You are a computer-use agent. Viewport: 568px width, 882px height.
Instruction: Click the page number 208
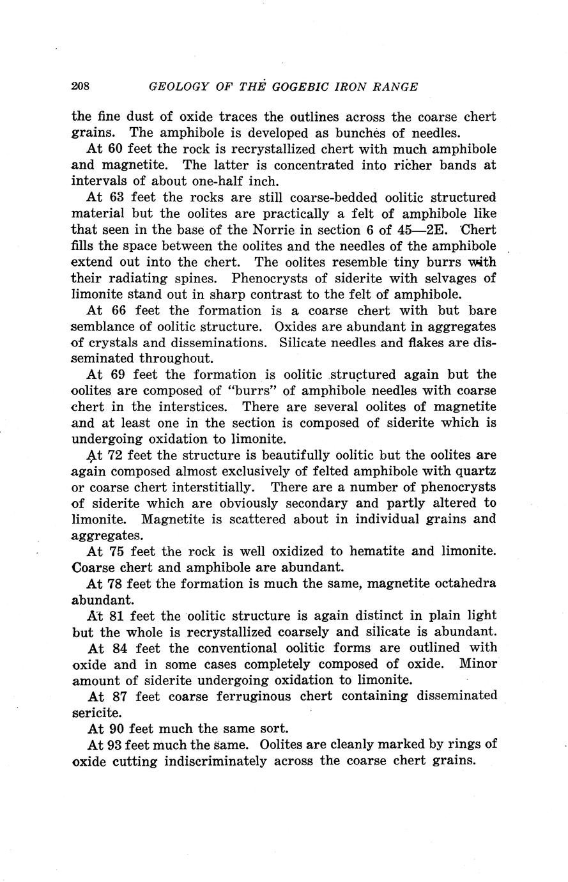[81, 86]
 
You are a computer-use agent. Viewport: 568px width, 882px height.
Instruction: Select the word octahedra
[460, 584]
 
